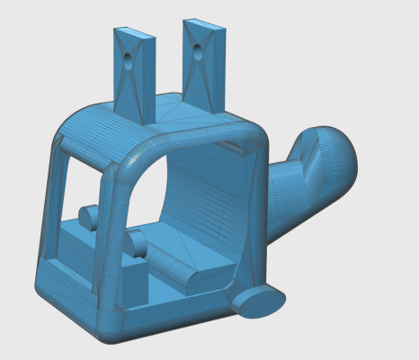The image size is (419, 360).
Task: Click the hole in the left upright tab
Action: tap(127, 63)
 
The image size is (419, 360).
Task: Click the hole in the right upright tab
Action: tap(197, 52)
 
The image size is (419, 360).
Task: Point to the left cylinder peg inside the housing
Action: tap(88, 217)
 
